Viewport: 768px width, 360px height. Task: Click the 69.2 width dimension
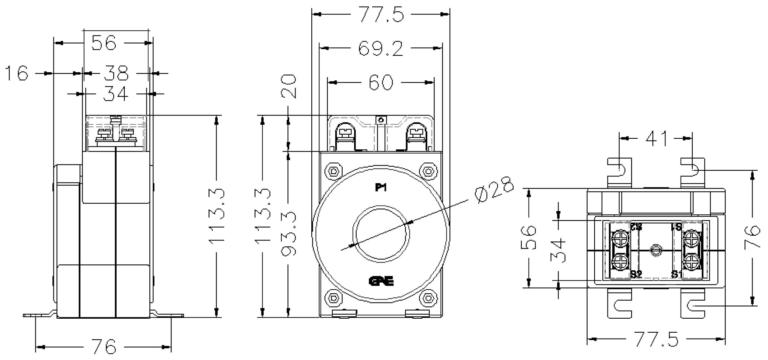380,49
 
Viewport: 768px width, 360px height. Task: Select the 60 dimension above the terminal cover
381,82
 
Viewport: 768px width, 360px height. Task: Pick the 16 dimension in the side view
17,73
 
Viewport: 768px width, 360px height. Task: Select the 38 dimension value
116,73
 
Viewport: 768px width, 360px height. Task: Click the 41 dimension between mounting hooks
657,139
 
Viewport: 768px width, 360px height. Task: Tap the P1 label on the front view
380,188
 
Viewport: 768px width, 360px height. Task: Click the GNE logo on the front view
381,281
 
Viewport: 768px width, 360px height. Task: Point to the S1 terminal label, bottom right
676,274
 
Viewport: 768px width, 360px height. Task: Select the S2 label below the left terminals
636,274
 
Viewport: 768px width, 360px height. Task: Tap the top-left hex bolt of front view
333,172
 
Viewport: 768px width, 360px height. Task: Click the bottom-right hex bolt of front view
428,297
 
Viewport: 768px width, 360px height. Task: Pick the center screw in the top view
655,250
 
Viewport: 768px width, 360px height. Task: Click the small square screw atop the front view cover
380,120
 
